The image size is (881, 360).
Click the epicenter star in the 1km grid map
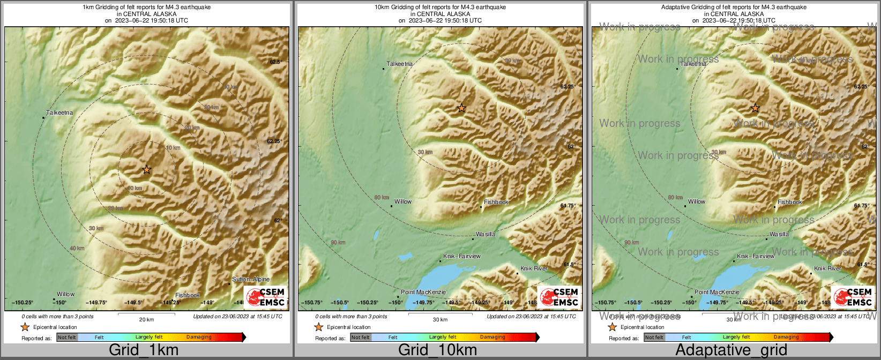coord(147,170)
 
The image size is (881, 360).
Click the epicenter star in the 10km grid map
coord(461,108)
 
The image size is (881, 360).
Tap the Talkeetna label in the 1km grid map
coord(59,112)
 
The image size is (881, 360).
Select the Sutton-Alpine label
coord(251,279)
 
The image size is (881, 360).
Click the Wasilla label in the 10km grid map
coord(486,234)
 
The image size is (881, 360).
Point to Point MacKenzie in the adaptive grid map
coord(717,292)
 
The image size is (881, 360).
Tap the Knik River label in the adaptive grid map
coord(827,268)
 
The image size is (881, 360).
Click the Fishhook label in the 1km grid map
coord(188,295)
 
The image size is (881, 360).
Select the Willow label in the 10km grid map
coord(403,202)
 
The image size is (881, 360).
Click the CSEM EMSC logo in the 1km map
coord(265,297)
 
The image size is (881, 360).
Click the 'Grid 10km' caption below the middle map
coord(437,350)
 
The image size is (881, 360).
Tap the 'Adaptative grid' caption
coord(731,350)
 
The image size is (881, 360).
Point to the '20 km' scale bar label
coord(146,320)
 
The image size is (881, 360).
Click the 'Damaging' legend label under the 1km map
coord(199,337)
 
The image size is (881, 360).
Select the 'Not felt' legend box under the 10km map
coord(361,337)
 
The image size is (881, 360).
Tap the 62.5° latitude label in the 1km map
coord(275,62)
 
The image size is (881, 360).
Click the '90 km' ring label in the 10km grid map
coord(338,243)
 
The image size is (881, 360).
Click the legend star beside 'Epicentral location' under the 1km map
coord(25,327)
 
